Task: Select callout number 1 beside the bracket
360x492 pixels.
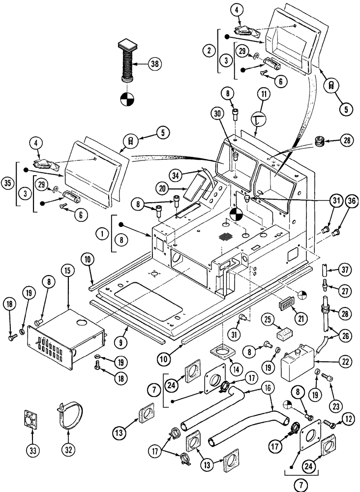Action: [101, 234]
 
